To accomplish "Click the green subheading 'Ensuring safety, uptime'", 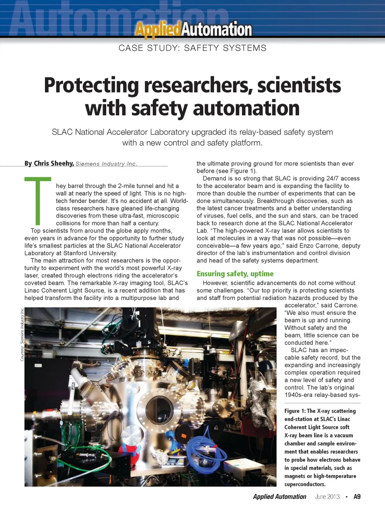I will (x=235, y=274).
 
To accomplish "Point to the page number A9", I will (x=357, y=497).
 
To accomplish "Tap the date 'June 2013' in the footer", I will (x=327, y=497).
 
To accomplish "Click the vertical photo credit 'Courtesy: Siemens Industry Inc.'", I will (x=22, y=334).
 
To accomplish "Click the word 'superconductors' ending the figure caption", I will (x=305, y=484).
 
